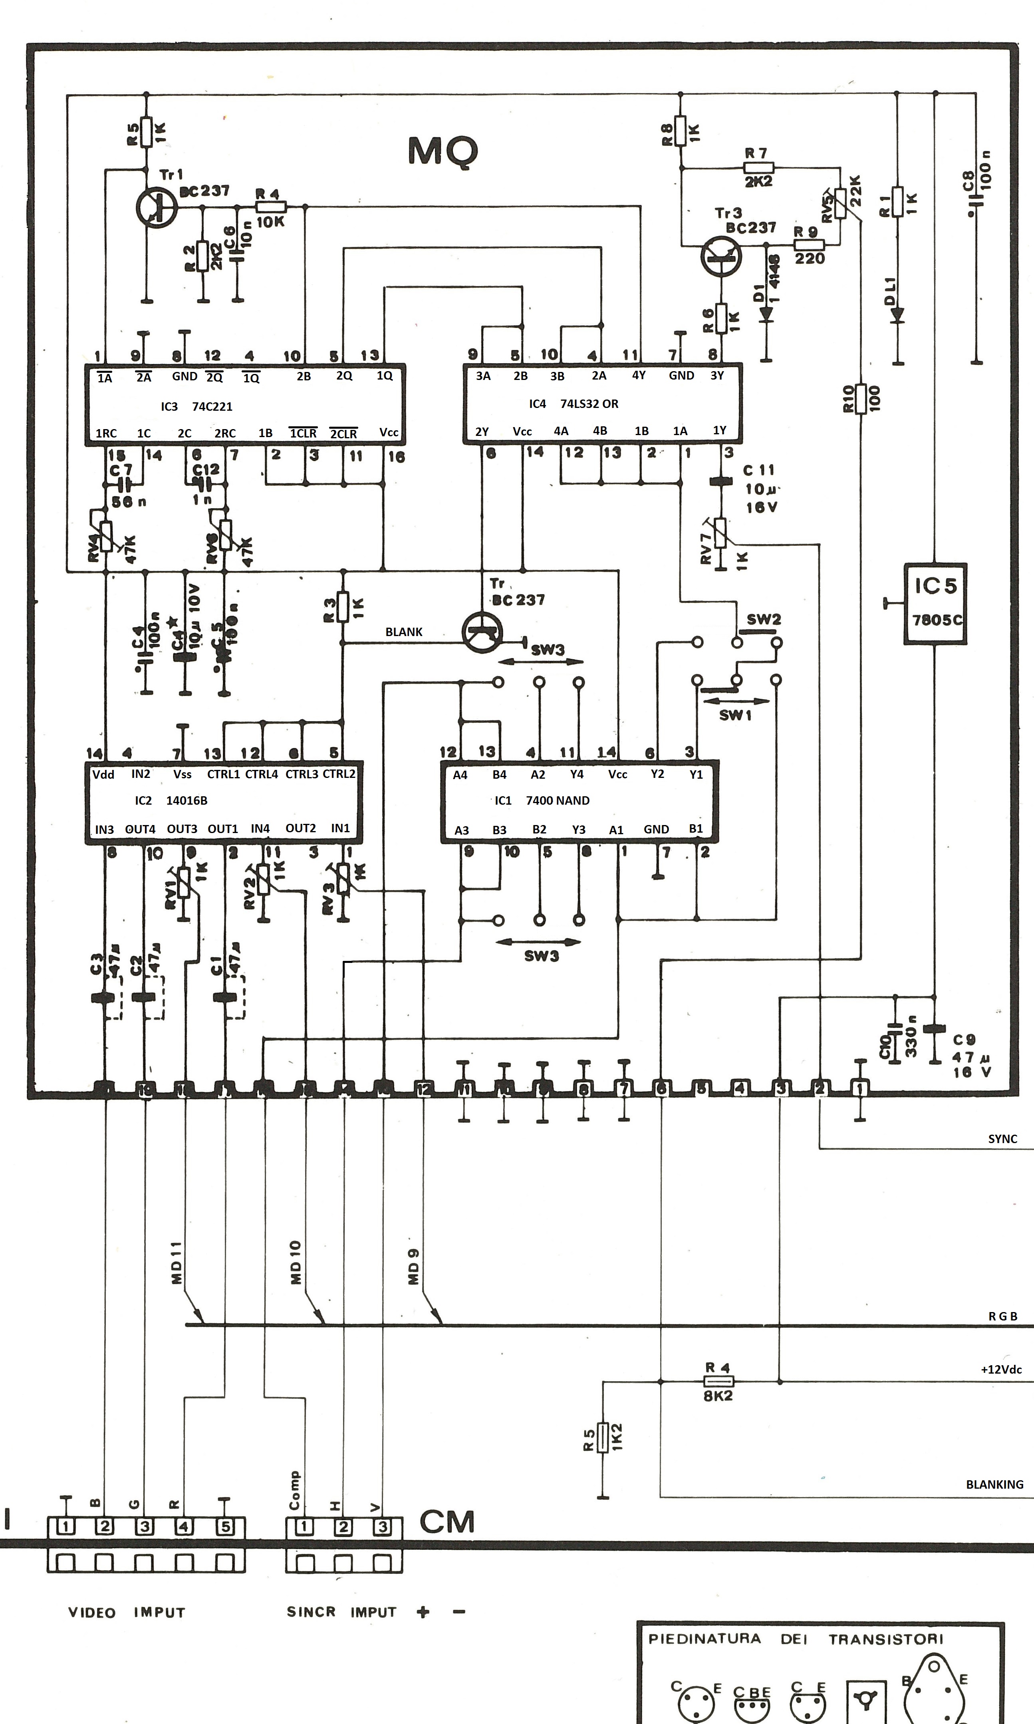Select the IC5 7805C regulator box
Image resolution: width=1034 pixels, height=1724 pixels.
935,603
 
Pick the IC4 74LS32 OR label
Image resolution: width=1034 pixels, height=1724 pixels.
574,404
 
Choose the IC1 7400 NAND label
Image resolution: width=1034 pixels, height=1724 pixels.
542,801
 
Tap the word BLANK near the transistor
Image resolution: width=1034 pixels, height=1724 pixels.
404,632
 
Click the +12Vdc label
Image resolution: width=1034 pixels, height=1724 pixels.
1000,1369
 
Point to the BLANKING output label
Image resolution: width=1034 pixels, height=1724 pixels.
994,1484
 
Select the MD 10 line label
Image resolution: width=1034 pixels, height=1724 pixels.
296,1262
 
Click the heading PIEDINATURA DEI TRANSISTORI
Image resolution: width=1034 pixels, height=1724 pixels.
796,1638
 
